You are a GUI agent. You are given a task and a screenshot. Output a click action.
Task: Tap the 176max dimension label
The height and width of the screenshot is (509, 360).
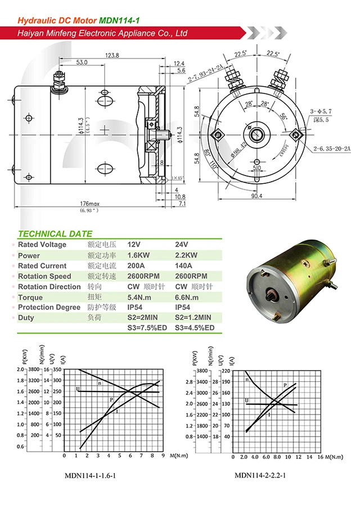[x=88, y=204]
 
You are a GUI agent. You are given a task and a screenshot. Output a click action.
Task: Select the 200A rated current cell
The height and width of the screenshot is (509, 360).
[x=137, y=266]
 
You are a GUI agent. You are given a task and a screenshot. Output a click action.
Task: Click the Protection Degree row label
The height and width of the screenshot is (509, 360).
[x=50, y=308]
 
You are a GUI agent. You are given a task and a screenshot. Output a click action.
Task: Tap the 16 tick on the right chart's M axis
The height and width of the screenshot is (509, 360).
[x=320, y=457]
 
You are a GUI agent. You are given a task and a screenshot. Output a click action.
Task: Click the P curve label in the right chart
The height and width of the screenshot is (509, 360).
[x=285, y=385]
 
